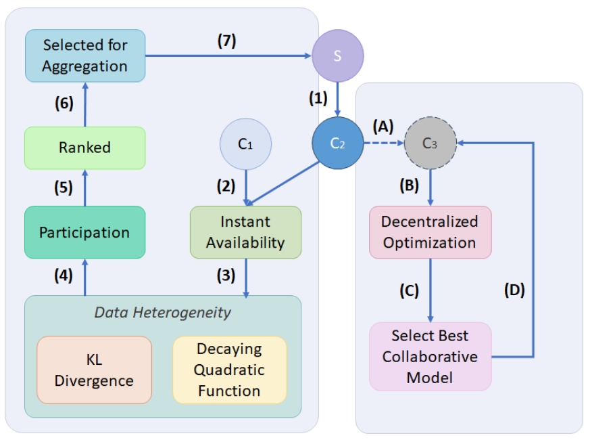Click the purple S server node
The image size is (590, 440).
[337, 56]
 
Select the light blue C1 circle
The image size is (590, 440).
[245, 144]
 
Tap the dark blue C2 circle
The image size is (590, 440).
[338, 144]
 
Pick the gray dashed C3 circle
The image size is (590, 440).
[429, 143]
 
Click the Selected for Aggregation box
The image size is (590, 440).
[84, 56]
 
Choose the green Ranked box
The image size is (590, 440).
[84, 148]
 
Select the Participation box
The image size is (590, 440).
[84, 232]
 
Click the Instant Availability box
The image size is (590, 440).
[245, 232]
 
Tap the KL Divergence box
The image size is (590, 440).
[94, 370]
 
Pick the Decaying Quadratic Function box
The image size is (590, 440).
[229, 370]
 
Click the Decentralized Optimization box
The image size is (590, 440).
[430, 232]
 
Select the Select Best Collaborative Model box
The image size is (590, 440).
[430, 356]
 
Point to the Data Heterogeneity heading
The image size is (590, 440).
[162, 312]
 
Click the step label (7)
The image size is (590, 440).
[227, 40]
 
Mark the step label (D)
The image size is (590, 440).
[514, 290]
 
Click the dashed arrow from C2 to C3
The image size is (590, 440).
[383, 144]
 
